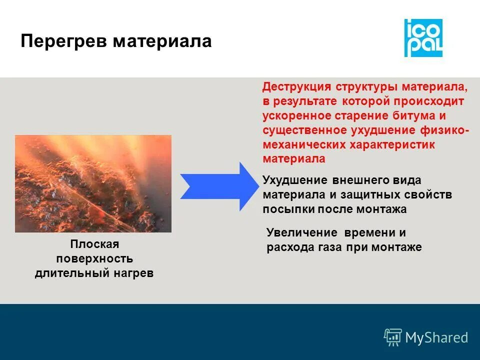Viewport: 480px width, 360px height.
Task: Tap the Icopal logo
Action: coord(423,38)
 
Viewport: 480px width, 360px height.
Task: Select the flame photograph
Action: coord(93,184)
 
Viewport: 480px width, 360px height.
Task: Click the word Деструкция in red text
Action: coord(297,87)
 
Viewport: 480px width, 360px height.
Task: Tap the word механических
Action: coord(299,145)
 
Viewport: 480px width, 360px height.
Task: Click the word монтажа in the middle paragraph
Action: coord(381,209)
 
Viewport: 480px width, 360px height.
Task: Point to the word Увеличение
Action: coord(298,232)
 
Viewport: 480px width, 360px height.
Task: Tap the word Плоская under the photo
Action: coord(94,244)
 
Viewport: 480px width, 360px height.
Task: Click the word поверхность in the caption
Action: coord(94,259)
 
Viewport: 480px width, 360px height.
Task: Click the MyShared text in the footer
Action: coord(436,337)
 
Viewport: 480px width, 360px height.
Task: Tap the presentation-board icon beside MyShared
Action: coord(393,337)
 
